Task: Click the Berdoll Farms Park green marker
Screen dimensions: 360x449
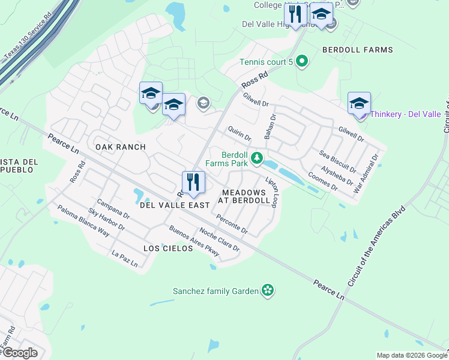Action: pos(257,158)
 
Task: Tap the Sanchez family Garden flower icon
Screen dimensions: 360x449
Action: pos(268,291)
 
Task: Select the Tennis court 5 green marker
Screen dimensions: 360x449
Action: pos(302,61)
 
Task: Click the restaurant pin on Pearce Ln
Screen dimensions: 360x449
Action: pos(193,182)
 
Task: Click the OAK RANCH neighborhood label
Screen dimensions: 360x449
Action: pos(121,147)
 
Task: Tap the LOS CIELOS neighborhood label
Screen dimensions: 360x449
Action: pos(168,248)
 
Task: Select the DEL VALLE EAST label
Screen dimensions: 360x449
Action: pos(175,205)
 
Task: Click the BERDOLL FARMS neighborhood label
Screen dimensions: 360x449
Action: pos(358,50)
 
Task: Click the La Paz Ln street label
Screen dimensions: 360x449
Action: pos(125,259)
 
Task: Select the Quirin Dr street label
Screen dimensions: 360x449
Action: pos(239,133)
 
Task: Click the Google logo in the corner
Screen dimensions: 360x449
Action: pos(20,353)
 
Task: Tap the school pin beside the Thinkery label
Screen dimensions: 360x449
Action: pos(359,104)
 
